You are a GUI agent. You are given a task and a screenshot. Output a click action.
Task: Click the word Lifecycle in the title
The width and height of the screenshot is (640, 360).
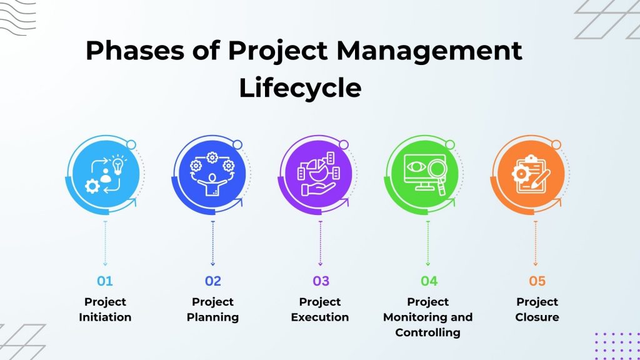[x=300, y=88]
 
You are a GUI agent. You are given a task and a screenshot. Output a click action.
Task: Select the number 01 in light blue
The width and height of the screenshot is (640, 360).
[x=105, y=281]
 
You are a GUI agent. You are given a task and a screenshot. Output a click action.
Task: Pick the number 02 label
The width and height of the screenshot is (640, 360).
[x=212, y=281]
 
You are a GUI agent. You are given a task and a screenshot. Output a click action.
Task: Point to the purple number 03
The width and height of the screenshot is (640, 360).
[x=320, y=281]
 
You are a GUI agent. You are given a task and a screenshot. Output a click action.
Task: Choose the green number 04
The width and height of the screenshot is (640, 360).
[x=428, y=281]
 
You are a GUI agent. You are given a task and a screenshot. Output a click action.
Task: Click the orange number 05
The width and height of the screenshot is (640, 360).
[x=537, y=281]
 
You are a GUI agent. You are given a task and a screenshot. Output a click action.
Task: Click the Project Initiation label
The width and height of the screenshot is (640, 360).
[x=105, y=309]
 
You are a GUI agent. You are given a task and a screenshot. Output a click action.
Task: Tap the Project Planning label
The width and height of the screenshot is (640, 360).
[x=212, y=309]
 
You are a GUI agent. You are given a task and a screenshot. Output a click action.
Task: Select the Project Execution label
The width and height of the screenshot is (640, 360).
[x=320, y=309]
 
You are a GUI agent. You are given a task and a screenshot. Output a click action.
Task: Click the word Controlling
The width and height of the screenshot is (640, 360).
[x=427, y=332]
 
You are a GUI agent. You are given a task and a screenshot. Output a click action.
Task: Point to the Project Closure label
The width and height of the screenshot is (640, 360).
[x=537, y=309]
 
